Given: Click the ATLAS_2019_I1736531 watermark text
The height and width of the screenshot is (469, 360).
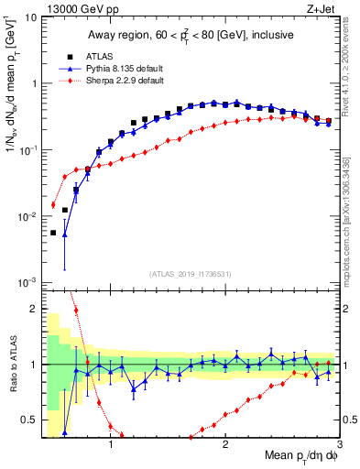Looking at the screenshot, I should (190, 274).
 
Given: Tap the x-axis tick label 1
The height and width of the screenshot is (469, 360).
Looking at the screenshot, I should (111, 445).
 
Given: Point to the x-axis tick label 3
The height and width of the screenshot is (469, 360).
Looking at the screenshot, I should (338, 445).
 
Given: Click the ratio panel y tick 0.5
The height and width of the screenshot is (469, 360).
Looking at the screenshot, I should (31, 420).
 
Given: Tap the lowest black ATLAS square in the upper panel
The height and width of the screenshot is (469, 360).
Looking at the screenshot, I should (53, 233).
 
